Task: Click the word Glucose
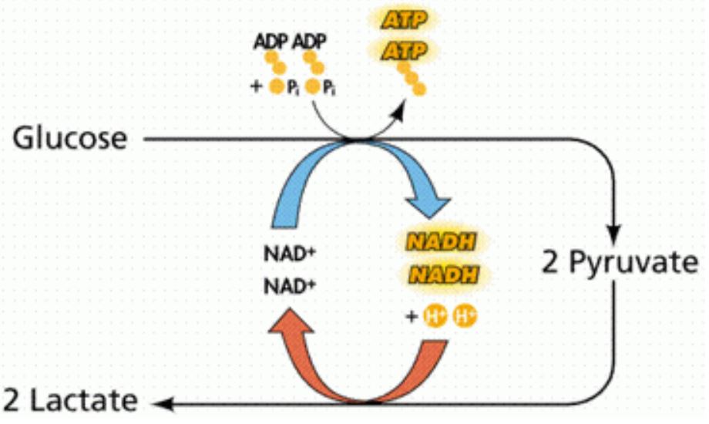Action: pyautogui.click(x=69, y=139)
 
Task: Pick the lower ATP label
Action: pyautogui.click(x=401, y=52)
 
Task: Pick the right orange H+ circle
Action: pyautogui.click(x=462, y=316)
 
